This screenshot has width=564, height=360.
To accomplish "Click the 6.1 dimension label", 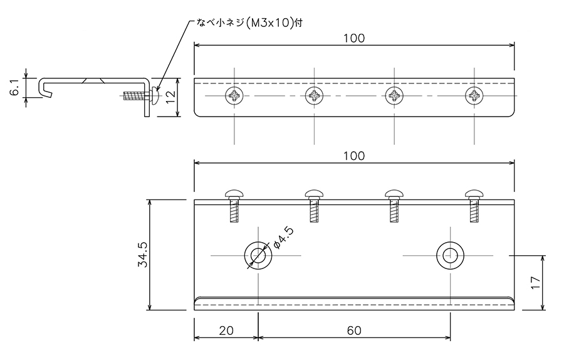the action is click(15, 87).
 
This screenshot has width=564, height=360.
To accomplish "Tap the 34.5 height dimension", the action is click(142, 255).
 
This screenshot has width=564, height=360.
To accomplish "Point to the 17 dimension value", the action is click(536, 283).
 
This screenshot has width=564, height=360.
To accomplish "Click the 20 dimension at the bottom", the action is click(226, 330).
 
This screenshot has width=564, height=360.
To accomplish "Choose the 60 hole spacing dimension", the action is click(354, 330).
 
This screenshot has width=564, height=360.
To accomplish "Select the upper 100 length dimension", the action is click(354, 38).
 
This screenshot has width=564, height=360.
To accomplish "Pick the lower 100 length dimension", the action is click(354, 156).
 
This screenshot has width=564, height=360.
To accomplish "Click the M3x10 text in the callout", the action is click(269, 23).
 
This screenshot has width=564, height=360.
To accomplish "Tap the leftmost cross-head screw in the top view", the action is click(234, 96).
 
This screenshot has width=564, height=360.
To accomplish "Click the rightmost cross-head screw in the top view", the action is click(474, 96).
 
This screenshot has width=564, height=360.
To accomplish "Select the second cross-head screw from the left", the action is click(315, 96).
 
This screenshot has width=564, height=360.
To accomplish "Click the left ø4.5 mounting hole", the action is click(258, 256).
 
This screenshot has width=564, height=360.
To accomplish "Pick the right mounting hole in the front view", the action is click(450, 256).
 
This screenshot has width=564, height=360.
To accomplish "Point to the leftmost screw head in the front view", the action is click(234, 195).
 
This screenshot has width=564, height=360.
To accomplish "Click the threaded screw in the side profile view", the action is click(141, 96).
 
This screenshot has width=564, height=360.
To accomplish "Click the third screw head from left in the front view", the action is click(394, 195).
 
